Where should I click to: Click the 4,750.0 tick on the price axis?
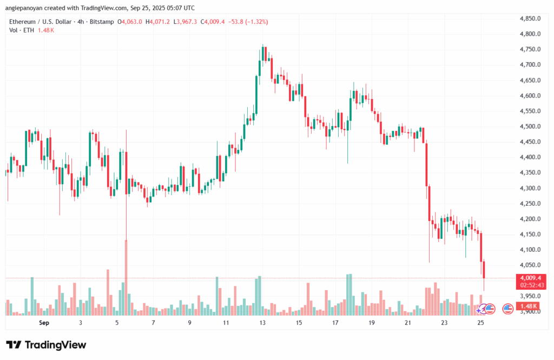(530, 49)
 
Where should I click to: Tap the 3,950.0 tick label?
(530, 296)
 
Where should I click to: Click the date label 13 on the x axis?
(262, 323)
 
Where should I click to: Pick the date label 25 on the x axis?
(480, 323)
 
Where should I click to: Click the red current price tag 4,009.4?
(530, 278)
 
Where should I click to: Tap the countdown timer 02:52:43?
(530, 285)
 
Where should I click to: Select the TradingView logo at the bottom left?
(46, 345)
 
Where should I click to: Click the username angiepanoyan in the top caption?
(28, 8)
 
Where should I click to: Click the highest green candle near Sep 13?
(263, 54)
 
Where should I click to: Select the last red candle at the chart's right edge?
(484, 271)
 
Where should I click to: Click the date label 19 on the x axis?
(372, 323)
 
